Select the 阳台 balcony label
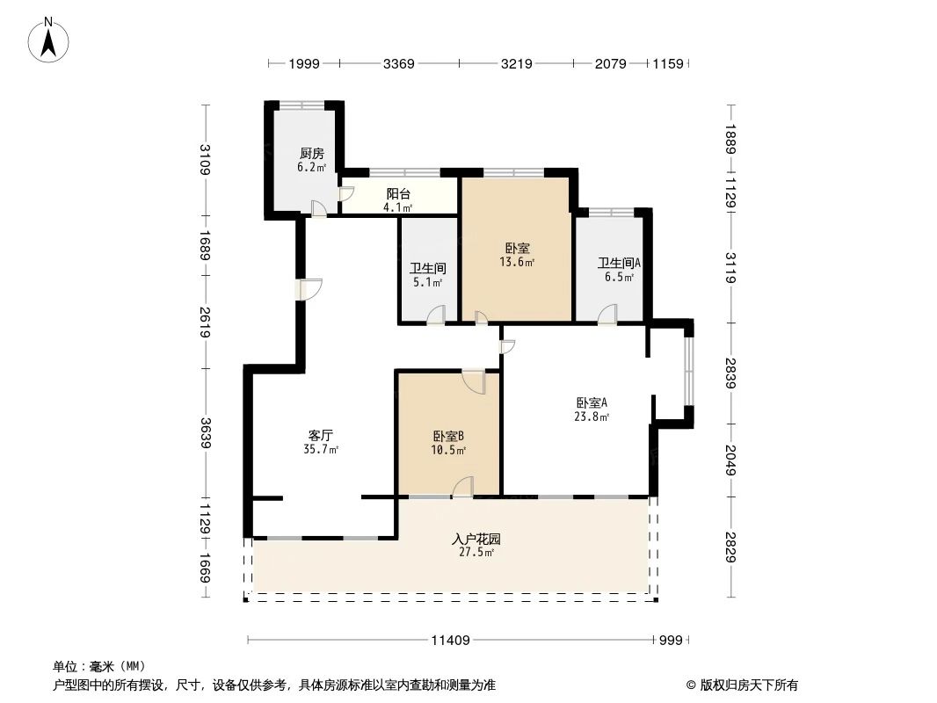pyautogui.click(x=399, y=194)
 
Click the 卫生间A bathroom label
pyautogui.click(x=619, y=263)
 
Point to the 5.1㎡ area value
pyautogui.click(x=427, y=283)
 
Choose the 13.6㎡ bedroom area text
pyautogui.click(x=517, y=262)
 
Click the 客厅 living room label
pyautogui.click(x=321, y=435)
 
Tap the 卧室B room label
pyautogui.click(x=448, y=436)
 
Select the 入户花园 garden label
pyautogui.click(x=476, y=539)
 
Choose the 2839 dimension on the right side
pyautogui.click(x=731, y=374)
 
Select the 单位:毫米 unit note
pyautogui.click(x=98, y=667)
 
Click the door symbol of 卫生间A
pyautogui.click(x=607, y=315)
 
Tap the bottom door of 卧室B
pyautogui.click(x=464, y=488)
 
